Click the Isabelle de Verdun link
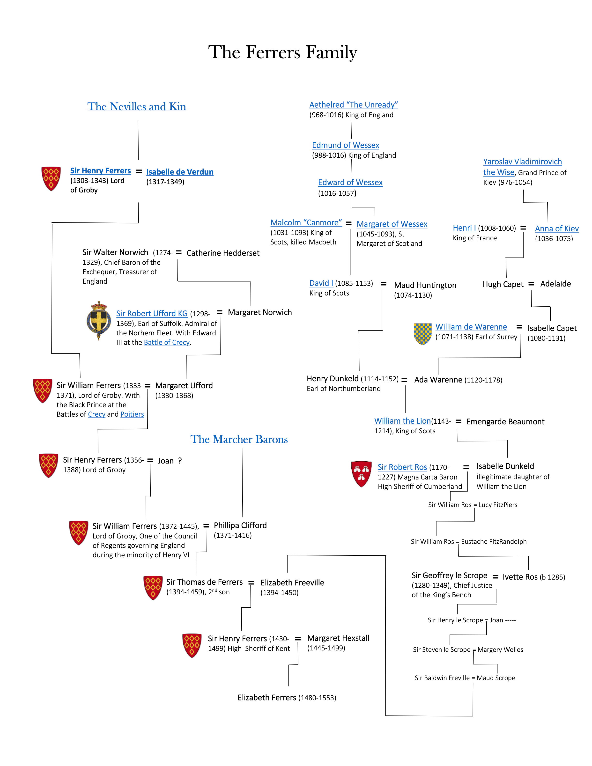click(x=180, y=172)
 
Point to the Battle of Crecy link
click(x=167, y=342)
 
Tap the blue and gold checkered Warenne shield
click(x=423, y=333)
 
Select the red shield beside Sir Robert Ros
click(x=361, y=473)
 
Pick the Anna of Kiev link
click(x=557, y=229)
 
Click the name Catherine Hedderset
click(x=223, y=253)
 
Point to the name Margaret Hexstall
click(x=338, y=638)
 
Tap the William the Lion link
click(x=402, y=421)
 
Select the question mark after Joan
click(x=180, y=461)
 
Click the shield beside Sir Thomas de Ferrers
click(x=153, y=588)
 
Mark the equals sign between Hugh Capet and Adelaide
click(x=531, y=284)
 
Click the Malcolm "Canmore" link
click(x=306, y=223)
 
